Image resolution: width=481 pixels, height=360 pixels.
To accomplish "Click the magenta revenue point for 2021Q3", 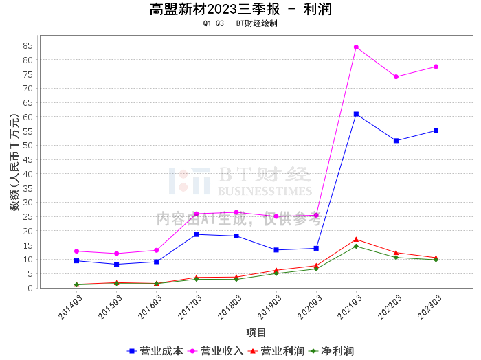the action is pos(356,47).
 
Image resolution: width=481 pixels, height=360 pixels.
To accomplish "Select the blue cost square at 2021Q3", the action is pos(356,114).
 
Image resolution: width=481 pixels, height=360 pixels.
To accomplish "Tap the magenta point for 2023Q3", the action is pos(436,67).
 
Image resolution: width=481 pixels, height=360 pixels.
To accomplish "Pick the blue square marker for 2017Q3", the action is pos(197,234).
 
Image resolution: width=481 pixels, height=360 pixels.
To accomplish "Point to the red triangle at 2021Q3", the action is pos(356,239).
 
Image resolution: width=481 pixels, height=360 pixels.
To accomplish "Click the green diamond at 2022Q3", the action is pos(396,257).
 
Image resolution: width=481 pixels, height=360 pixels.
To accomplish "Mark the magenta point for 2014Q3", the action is pos(77,251).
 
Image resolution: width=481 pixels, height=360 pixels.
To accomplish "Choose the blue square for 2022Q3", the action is pos(396,141).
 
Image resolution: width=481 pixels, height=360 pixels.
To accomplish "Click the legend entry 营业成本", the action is pos(155,351).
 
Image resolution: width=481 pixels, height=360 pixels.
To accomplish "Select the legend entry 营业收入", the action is pos(216,351).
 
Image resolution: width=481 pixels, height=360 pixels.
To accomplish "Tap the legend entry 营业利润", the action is pos(276,351).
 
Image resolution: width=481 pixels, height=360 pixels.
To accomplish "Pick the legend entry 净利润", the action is pos(331,351).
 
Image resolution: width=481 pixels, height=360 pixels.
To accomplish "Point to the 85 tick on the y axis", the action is pos(27,46).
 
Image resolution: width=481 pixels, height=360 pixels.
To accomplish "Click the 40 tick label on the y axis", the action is pos(27,175).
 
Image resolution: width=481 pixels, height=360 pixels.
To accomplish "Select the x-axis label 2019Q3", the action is pos(269,307).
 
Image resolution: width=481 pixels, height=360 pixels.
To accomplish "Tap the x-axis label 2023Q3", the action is pos(429,307).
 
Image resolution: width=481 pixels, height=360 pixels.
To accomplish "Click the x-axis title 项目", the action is pos(256,333).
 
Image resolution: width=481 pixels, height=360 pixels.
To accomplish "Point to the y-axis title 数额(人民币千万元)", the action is pos(14,162).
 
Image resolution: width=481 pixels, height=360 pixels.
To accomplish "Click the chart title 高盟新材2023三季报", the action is pos(214,10).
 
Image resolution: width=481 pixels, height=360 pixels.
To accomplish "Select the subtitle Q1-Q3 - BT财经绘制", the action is pos(240,23).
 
